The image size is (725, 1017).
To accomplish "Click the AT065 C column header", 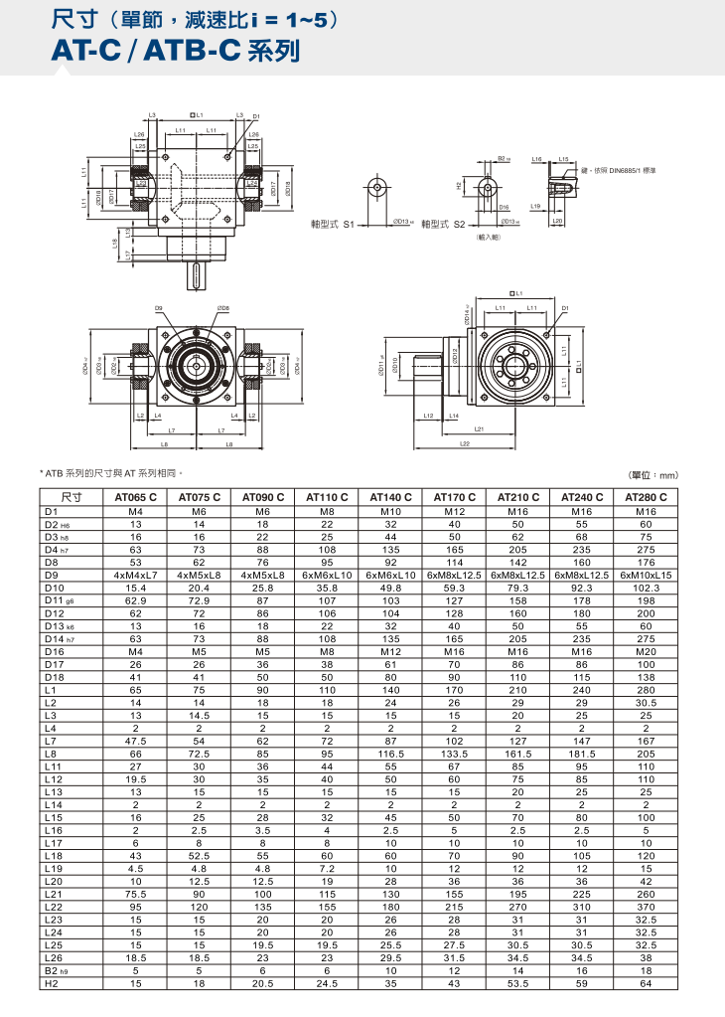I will [x=136, y=497].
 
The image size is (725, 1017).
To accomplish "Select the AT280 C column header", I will [x=646, y=497].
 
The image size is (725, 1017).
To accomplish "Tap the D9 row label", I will [x=53, y=575].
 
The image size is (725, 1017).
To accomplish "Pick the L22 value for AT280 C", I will [x=646, y=906].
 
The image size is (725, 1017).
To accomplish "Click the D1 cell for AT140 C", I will [x=390, y=510].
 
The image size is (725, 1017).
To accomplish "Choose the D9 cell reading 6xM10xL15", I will [x=646, y=575].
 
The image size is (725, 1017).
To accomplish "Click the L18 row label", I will [x=54, y=854].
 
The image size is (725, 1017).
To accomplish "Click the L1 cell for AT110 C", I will [x=327, y=690].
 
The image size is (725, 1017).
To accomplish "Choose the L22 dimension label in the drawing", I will [x=465, y=444].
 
